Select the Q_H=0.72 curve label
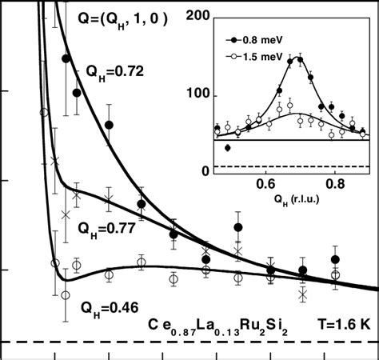point(114,71)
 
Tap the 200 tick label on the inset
point(197,18)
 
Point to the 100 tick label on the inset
point(197,95)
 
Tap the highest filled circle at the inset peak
point(300,58)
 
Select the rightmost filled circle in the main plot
point(336,259)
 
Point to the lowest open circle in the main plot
point(66,295)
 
